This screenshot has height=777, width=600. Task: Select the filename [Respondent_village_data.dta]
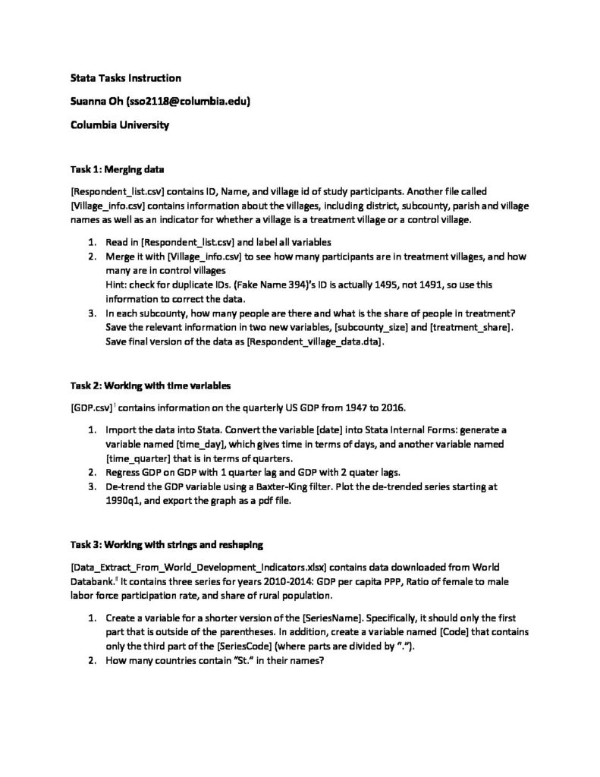pyautogui.click(x=315, y=342)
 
